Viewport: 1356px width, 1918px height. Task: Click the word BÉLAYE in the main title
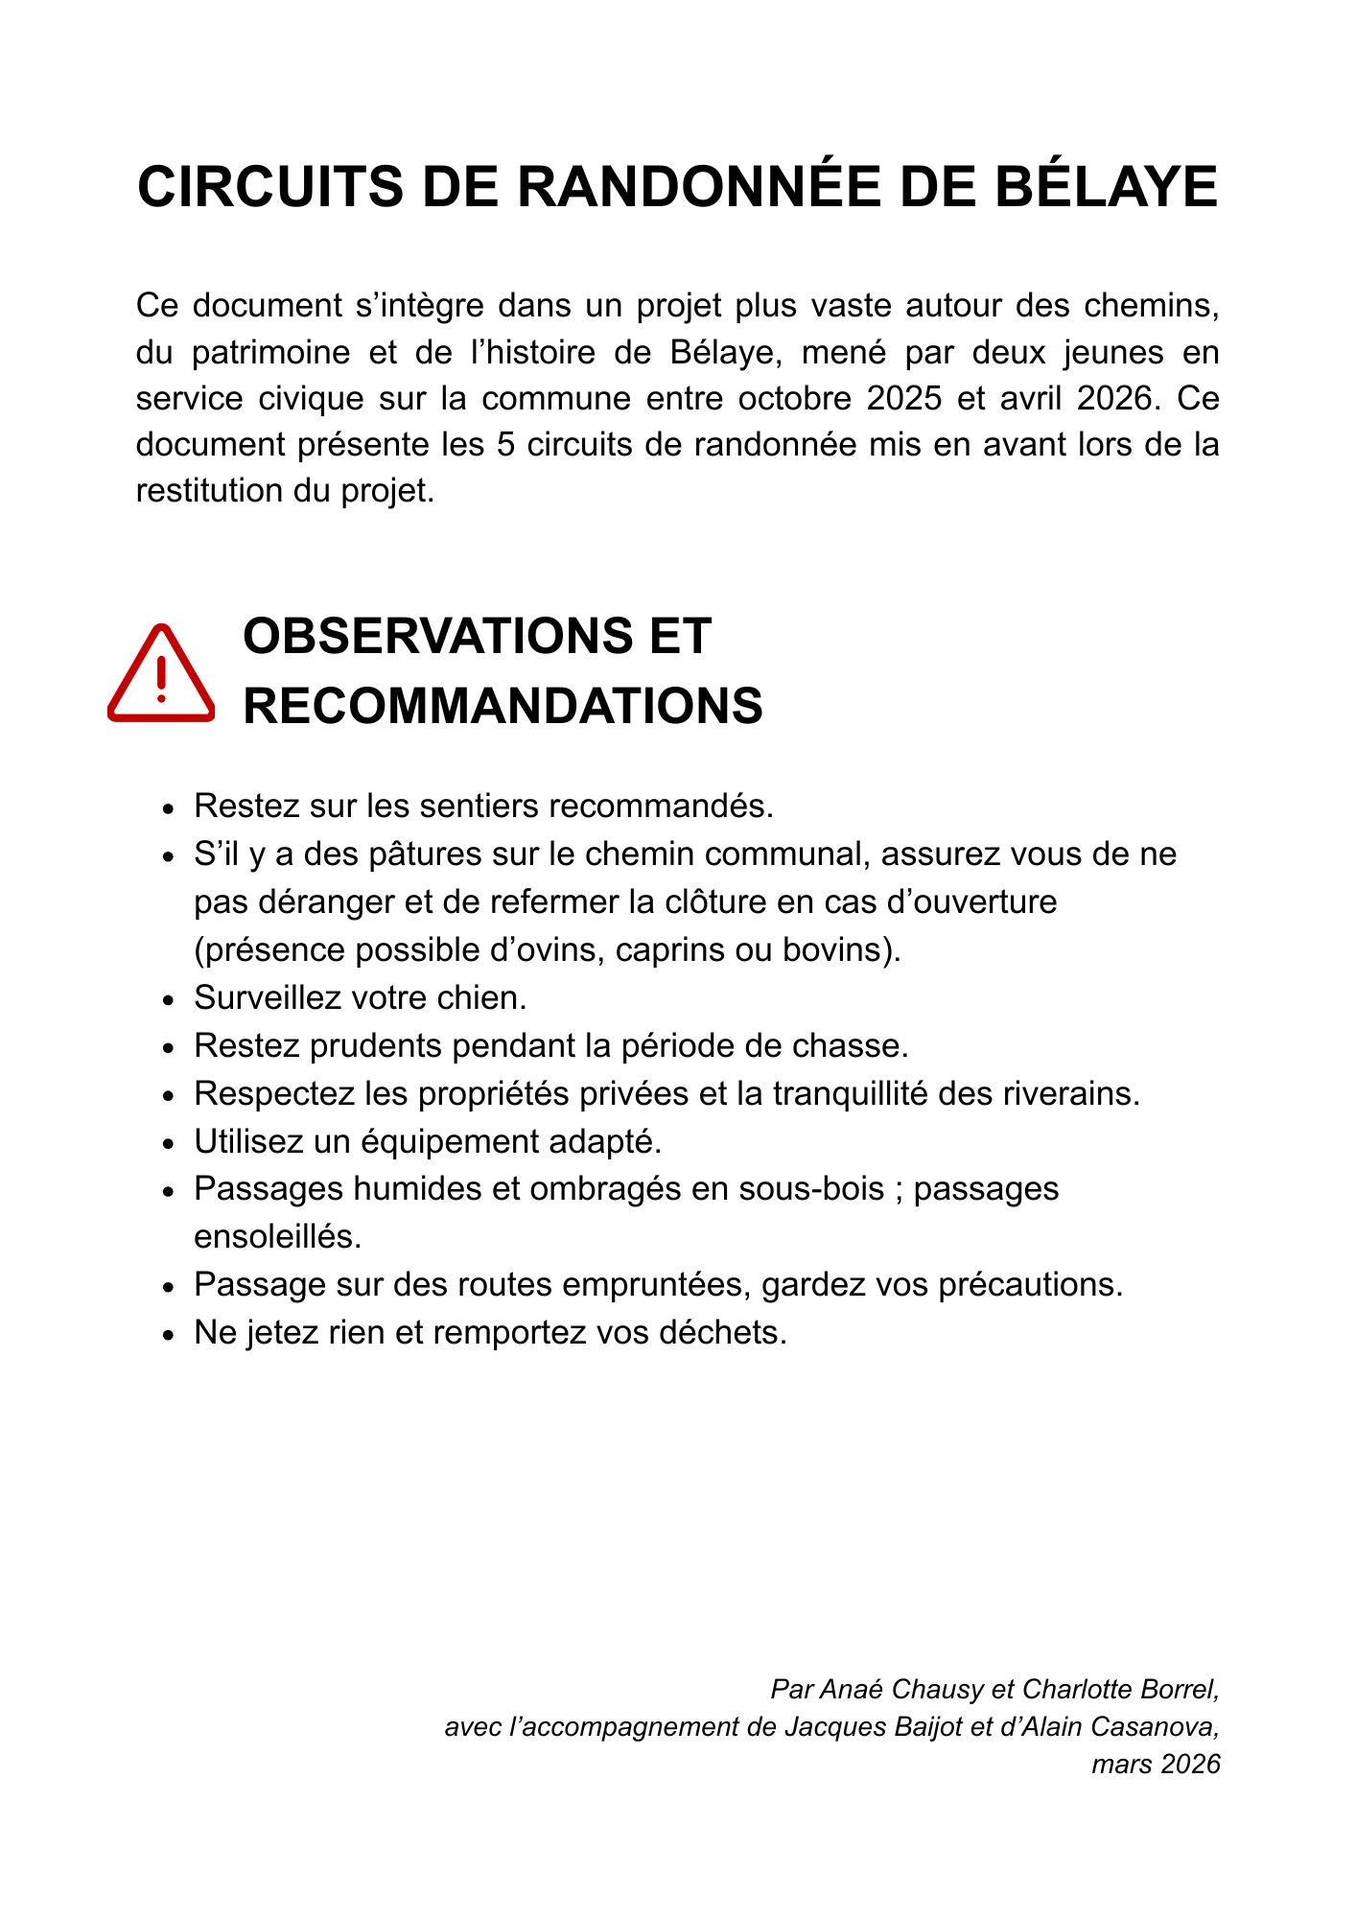point(1106,187)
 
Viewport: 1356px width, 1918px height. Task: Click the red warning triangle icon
point(161,673)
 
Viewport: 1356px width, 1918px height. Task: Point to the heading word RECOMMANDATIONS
point(503,706)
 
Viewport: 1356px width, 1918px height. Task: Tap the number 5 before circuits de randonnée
point(506,445)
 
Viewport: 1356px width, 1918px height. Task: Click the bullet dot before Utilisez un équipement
point(170,1144)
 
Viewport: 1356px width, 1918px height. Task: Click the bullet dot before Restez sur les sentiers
point(170,808)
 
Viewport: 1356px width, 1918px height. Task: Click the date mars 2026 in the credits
point(1156,1764)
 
